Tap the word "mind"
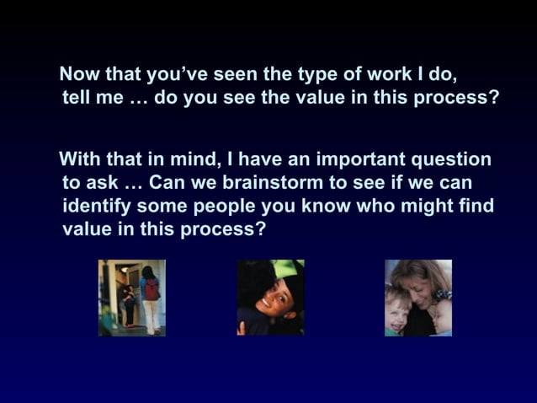pos(190,159)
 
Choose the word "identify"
pos(95,206)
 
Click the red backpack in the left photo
pos(152,290)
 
